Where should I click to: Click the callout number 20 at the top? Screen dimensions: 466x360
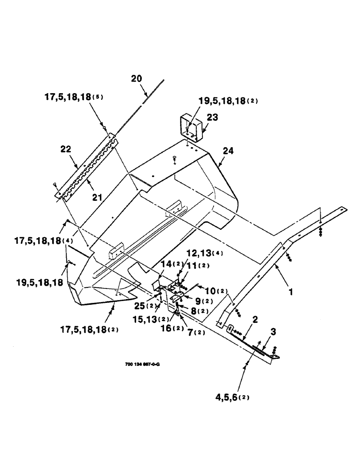point(136,79)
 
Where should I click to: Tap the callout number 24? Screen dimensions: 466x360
point(228,151)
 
